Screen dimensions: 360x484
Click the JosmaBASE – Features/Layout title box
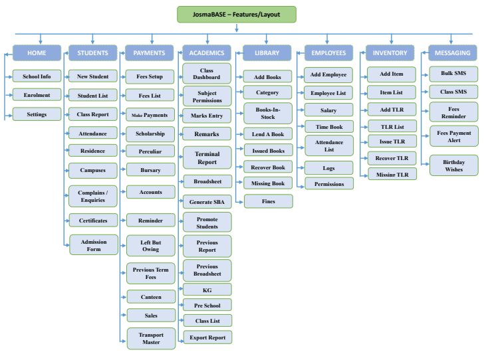point(237,14)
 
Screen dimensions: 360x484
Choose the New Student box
point(93,76)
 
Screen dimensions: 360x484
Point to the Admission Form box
point(93,244)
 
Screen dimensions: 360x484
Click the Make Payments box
point(150,114)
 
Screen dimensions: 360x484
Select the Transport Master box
point(150,337)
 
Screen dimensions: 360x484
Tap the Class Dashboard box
point(207,73)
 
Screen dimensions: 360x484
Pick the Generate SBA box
point(207,201)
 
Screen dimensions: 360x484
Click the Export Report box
point(207,337)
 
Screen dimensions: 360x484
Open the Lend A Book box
point(268,134)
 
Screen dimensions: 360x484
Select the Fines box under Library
point(268,201)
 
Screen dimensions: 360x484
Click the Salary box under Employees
point(328,110)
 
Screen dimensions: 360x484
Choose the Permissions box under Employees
point(328,183)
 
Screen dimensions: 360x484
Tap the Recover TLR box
point(392,158)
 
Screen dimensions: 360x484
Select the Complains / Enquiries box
point(93,195)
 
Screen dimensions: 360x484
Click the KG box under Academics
point(207,290)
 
